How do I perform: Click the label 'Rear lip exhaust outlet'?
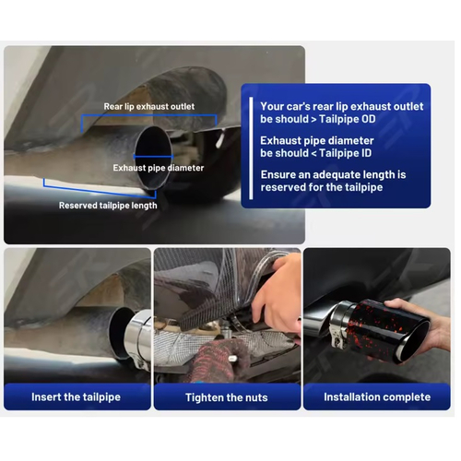(149, 107)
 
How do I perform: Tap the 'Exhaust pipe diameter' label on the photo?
(159, 168)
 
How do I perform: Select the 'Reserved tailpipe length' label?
(108, 206)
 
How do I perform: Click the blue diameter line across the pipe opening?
(153, 157)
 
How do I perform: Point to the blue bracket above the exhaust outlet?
(149, 116)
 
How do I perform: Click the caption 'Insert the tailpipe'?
(76, 396)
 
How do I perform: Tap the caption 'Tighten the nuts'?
(227, 397)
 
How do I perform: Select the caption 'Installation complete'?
(377, 396)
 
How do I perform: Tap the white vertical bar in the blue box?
(251, 148)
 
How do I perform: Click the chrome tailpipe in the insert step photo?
(138, 337)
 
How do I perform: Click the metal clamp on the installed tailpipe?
(339, 325)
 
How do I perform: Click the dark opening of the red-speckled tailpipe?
(413, 342)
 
